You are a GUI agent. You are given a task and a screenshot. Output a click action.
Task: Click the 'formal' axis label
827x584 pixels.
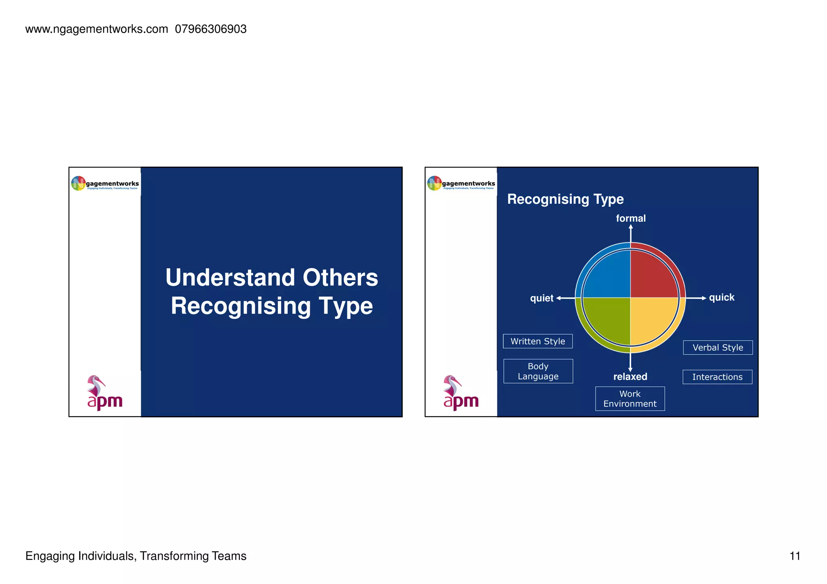[631, 218]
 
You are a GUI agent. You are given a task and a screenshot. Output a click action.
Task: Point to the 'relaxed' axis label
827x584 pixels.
[630, 377]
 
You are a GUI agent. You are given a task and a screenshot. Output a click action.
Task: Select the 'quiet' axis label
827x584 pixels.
[542, 298]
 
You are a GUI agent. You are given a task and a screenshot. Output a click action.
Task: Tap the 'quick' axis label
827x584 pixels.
[722, 297]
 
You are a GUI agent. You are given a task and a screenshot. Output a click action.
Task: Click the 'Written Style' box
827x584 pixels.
[537, 341]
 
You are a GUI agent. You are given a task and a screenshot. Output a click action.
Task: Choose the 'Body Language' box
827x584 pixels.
[538, 371]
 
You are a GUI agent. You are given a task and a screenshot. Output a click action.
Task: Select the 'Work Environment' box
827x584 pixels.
[630, 399]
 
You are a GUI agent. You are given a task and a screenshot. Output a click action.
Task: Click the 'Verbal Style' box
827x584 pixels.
[718, 347]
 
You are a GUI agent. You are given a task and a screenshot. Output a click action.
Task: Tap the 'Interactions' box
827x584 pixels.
[717, 377]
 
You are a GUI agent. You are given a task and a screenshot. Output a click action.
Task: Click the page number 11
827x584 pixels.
[795, 556]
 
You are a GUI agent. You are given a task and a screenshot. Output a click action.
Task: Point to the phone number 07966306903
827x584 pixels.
[210, 29]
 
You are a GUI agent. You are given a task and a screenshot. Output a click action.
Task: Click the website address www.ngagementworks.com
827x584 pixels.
[97, 29]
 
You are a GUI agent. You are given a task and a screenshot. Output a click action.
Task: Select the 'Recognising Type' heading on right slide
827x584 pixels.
[565, 199]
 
